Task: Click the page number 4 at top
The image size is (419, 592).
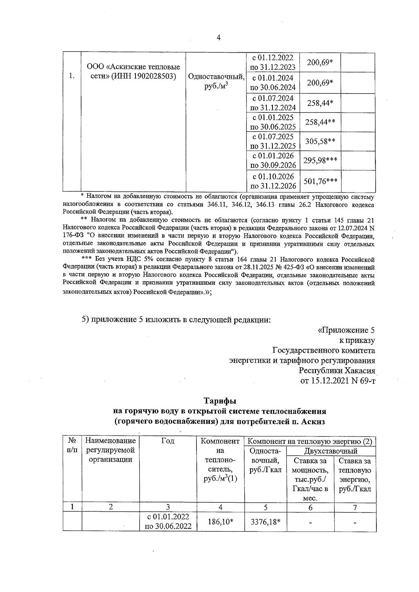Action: click(x=219, y=38)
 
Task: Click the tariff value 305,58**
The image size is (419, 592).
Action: click(x=320, y=141)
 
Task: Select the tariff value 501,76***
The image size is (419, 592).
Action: click(x=320, y=181)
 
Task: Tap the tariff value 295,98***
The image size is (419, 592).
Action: click(x=320, y=160)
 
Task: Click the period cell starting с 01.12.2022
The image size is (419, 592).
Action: click(x=273, y=62)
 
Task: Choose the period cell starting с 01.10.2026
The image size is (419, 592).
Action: click(x=273, y=181)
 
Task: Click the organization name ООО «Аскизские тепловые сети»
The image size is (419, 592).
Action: click(x=133, y=72)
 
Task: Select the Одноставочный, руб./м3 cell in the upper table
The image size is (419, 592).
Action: click(x=215, y=81)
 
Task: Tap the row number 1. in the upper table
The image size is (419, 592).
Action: click(x=72, y=76)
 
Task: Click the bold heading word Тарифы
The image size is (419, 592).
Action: click(x=220, y=400)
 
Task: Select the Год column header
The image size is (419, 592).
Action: click(x=168, y=441)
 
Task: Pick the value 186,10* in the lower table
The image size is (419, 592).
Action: click(x=219, y=521)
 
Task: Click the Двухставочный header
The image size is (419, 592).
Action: click(x=331, y=451)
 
